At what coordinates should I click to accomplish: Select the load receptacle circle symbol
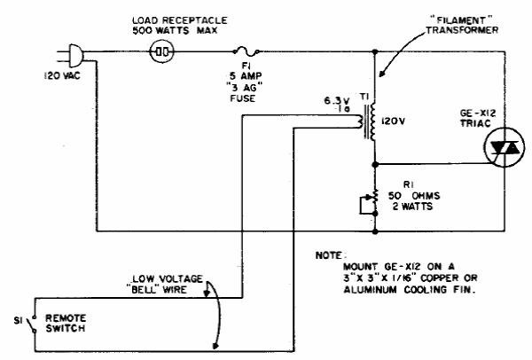tap(162, 52)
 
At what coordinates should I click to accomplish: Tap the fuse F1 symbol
tap(246, 51)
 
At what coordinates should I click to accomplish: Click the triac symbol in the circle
tap(505, 147)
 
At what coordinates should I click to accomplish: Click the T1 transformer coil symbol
tap(368, 121)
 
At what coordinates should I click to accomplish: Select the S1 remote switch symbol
tap(33, 324)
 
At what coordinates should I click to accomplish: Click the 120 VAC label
tap(62, 75)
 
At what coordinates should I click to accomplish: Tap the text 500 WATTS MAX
tap(175, 30)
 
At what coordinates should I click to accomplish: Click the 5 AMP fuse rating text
tap(246, 75)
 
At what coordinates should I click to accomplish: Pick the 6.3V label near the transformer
tap(337, 101)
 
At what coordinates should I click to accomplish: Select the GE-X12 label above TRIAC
tap(478, 113)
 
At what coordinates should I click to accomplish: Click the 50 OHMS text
tap(414, 196)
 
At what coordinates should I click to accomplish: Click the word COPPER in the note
tap(440, 278)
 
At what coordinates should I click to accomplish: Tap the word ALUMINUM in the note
tap(370, 290)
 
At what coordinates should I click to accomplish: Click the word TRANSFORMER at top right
tap(462, 30)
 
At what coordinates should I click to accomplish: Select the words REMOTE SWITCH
tap(66, 324)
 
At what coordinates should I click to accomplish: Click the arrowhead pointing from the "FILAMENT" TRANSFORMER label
tap(382, 74)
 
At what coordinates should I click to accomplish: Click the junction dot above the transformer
tap(375, 51)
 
